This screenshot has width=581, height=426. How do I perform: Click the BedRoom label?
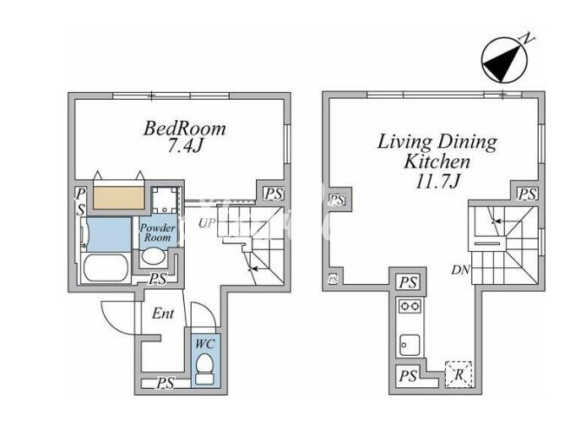click(x=185, y=128)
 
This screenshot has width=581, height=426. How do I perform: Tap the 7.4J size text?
click(x=185, y=146)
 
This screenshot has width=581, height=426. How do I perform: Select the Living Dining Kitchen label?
click(x=437, y=152)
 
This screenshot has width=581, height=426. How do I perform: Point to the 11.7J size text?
click(x=438, y=182)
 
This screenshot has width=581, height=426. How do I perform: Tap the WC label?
click(x=205, y=344)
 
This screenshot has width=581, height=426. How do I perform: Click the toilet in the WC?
click(x=204, y=369)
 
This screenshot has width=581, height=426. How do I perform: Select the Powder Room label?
click(x=157, y=232)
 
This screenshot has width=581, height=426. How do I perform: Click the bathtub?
click(x=106, y=269)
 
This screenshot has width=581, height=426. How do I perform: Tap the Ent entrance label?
click(x=163, y=314)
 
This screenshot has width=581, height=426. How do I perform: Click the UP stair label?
click(x=206, y=223)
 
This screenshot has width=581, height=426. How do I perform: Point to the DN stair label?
click(x=460, y=270)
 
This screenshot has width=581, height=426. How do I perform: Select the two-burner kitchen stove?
click(x=410, y=306)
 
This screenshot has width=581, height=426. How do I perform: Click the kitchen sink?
click(x=410, y=346)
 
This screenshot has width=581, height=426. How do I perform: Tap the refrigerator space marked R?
click(x=459, y=374)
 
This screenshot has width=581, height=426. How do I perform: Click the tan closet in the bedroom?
click(x=118, y=198)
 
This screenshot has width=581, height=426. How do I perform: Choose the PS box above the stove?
click(x=408, y=282)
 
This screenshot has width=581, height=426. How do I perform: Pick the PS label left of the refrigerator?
click(x=408, y=376)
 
